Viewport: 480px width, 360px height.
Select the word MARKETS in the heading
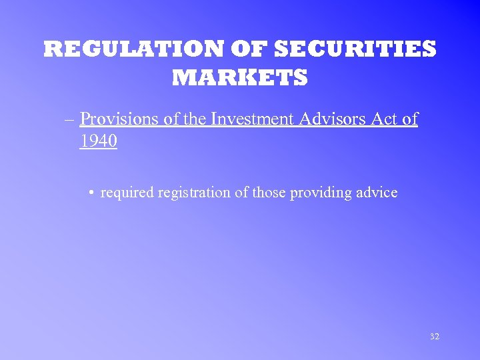[x=240, y=78]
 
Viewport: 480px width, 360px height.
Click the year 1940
[x=98, y=141]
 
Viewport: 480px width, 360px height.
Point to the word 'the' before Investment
[x=194, y=119]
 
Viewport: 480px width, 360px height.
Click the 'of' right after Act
[x=409, y=119]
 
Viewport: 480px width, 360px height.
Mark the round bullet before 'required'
[x=91, y=193]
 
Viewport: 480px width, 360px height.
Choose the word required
[x=125, y=193]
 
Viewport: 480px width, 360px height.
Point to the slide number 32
[x=434, y=337]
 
